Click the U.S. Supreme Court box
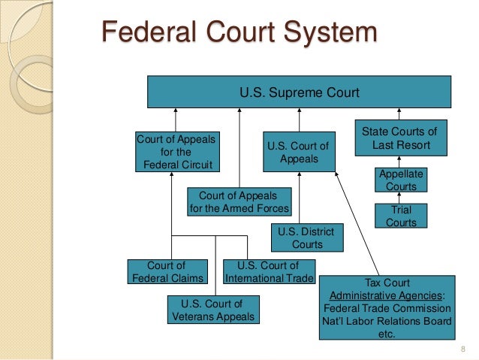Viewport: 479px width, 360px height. pos(299,93)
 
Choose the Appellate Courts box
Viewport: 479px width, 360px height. pos(401,180)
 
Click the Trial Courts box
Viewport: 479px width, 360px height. pos(401,216)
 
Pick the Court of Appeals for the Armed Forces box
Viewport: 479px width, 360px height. pos(238,201)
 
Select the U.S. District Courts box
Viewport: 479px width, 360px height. pos(306,237)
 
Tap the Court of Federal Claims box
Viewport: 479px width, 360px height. pos(166,272)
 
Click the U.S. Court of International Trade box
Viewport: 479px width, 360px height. pos(269,272)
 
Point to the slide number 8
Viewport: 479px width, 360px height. pos(463,348)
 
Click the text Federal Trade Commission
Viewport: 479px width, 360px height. pos(387,309)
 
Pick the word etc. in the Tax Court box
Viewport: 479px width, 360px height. pos(387,336)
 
